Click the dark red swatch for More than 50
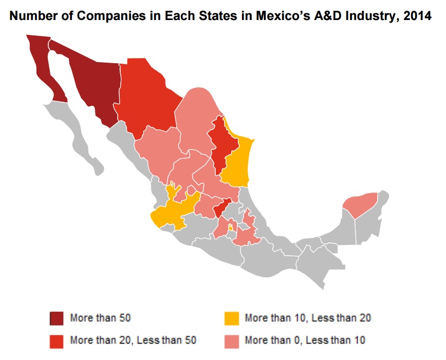[x=57, y=318]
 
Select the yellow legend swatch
[x=231, y=318]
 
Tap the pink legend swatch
[x=231, y=340]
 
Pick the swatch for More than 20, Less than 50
[x=57, y=340]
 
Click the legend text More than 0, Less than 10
[x=305, y=340]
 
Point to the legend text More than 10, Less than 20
[x=308, y=318]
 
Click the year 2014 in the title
[x=417, y=16]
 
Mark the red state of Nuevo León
[x=218, y=144]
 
